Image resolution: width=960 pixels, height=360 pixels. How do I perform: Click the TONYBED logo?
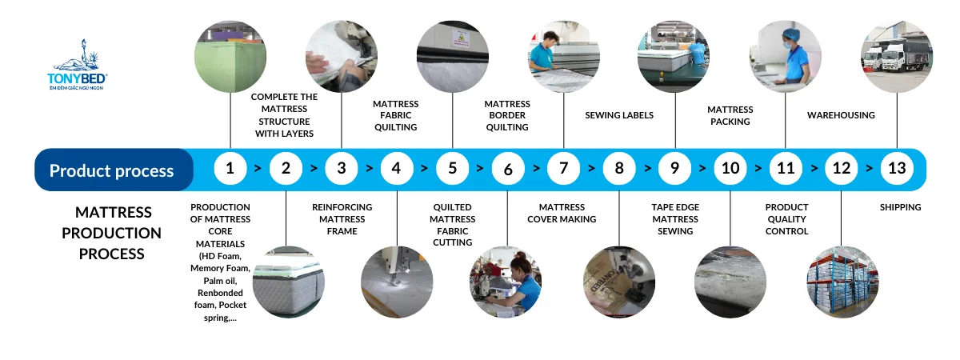tap(78, 66)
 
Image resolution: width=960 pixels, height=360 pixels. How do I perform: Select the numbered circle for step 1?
tap(230, 169)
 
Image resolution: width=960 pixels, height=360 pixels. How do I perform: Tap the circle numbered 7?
tap(563, 169)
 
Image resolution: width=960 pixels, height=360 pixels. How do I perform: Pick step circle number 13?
tap(897, 169)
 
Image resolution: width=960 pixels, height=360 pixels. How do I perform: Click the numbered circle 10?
tap(730, 169)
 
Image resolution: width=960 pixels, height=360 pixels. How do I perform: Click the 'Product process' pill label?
tap(111, 170)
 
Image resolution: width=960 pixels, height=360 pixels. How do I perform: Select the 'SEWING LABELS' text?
tap(619, 115)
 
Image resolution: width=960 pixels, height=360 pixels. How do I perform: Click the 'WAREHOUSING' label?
tap(841, 115)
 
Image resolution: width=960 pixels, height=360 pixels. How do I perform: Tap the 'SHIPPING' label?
tap(900, 207)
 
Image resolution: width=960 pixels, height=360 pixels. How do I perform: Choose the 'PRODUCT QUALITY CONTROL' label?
tap(786, 219)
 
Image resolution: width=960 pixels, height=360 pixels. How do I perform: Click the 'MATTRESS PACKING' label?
tap(730, 115)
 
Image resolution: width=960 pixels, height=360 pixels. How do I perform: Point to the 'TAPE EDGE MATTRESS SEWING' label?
tap(675, 219)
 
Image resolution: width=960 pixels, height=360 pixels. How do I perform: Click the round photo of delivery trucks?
tap(896, 56)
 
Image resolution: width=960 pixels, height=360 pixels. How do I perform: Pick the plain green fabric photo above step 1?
tap(230, 56)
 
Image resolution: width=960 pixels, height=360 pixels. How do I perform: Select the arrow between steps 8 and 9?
tap(646, 169)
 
